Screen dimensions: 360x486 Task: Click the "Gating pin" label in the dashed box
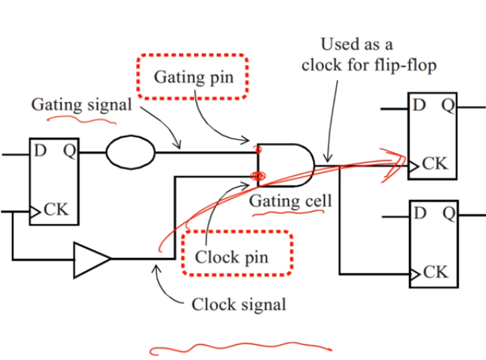point(192,76)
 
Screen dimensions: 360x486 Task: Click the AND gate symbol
point(286,165)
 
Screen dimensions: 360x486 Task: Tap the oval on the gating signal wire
point(130,152)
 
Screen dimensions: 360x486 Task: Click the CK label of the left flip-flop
point(56,210)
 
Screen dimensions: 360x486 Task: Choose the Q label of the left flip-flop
point(69,150)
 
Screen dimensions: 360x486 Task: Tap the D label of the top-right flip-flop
point(418,104)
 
